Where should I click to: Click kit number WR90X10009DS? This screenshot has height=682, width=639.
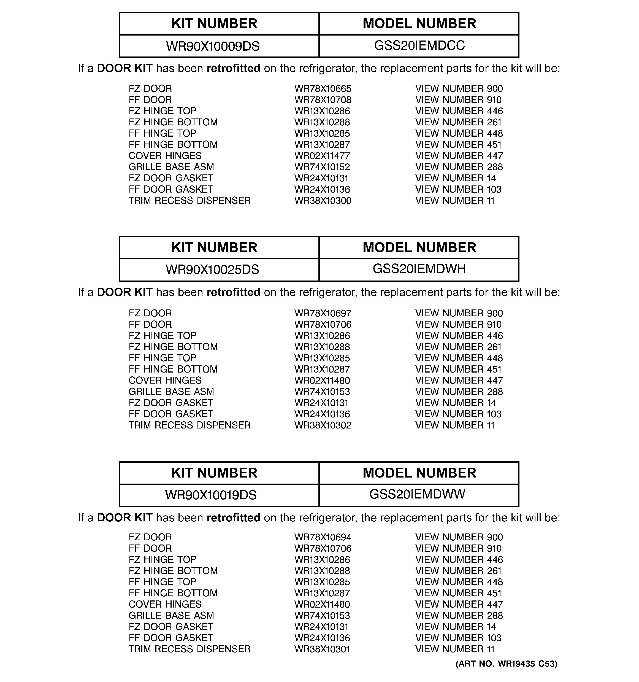[213, 46]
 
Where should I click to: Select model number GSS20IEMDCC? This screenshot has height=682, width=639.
[419, 45]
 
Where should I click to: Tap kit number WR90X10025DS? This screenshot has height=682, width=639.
[212, 270]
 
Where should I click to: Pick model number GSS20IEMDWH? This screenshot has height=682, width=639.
[419, 269]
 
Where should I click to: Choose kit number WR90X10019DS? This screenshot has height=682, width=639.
[211, 495]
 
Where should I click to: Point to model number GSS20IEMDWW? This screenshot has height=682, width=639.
[417, 494]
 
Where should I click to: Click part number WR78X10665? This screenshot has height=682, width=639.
[323, 88]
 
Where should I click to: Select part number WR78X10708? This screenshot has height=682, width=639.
[323, 100]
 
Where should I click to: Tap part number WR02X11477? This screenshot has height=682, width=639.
[322, 156]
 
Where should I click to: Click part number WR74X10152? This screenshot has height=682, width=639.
[322, 167]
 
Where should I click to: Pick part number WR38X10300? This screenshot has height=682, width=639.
[323, 200]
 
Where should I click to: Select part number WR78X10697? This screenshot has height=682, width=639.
[323, 313]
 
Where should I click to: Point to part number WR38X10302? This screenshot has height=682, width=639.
[323, 425]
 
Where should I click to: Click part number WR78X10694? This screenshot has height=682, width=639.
[323, 537]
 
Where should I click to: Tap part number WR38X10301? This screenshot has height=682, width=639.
[322, 649]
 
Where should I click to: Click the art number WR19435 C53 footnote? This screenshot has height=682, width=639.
[506, 664]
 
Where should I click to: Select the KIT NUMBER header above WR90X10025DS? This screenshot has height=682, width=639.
[214, 247]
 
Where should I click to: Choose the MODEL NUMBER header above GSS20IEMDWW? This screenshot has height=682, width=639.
[419, 473]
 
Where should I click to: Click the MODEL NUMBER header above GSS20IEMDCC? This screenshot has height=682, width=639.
[419, 23]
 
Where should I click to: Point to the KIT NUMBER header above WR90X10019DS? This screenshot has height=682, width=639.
[214, 473]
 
